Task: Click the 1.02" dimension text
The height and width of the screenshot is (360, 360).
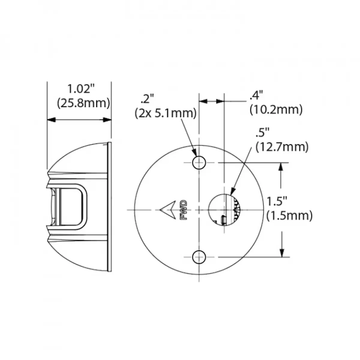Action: pyautogui.click(x=80, y=89)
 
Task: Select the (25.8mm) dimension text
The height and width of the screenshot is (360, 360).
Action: pyautogui.click(x=83, y=103)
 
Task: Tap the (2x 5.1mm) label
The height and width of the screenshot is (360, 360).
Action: pyautogui.click(x=166, y=113)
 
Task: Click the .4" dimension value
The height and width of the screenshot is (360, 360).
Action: pyautogui.click(x=256, y=96)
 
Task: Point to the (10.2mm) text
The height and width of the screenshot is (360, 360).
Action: pyautogui.click(x=276, y=110)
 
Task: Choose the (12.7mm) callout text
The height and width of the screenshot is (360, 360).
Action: pyautogui.click(x=282, y=147)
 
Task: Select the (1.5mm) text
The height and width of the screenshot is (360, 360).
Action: pyautogui.click(x=289, y=215)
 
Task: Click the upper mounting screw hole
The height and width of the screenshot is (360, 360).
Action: pyautogui.click(x=199, y=163)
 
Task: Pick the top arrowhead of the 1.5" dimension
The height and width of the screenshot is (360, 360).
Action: pyautogui.click(x=281, y=167)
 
